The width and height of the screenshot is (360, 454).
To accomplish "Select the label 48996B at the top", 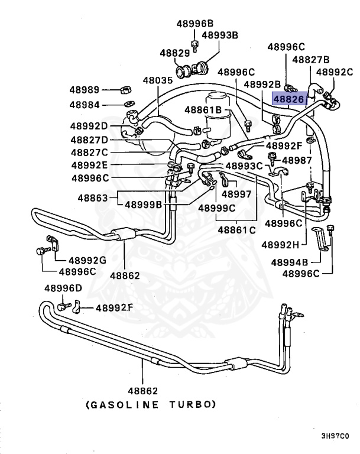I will pos(194,24).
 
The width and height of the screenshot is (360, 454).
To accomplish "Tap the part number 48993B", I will pos(220,35).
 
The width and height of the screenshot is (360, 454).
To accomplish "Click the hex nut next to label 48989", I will pos(125,90).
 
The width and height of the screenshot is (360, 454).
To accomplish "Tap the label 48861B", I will pos(202,109).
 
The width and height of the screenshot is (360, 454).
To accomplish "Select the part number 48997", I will pos(236,193).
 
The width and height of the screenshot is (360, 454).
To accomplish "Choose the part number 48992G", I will pos(87,260).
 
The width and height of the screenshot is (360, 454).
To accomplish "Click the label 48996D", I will pos(63,288).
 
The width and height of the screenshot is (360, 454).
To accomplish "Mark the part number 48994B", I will pos(290,262).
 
